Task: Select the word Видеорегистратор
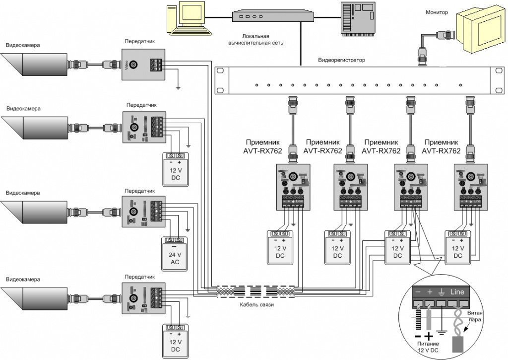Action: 341,60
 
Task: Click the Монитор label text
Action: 437,12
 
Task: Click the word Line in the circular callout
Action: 456,292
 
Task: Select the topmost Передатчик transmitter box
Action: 144,65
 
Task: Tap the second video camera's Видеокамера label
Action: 23,109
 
